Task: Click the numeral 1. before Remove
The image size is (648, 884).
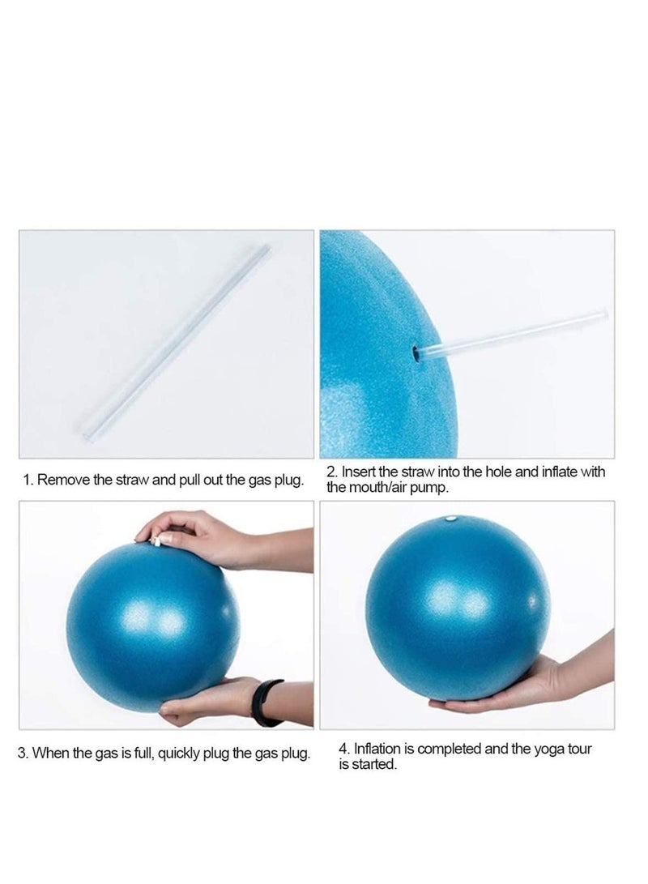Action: click(28, 480)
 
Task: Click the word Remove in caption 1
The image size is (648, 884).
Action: click(64, 480)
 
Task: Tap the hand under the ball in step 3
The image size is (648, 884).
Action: click(202, 702)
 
